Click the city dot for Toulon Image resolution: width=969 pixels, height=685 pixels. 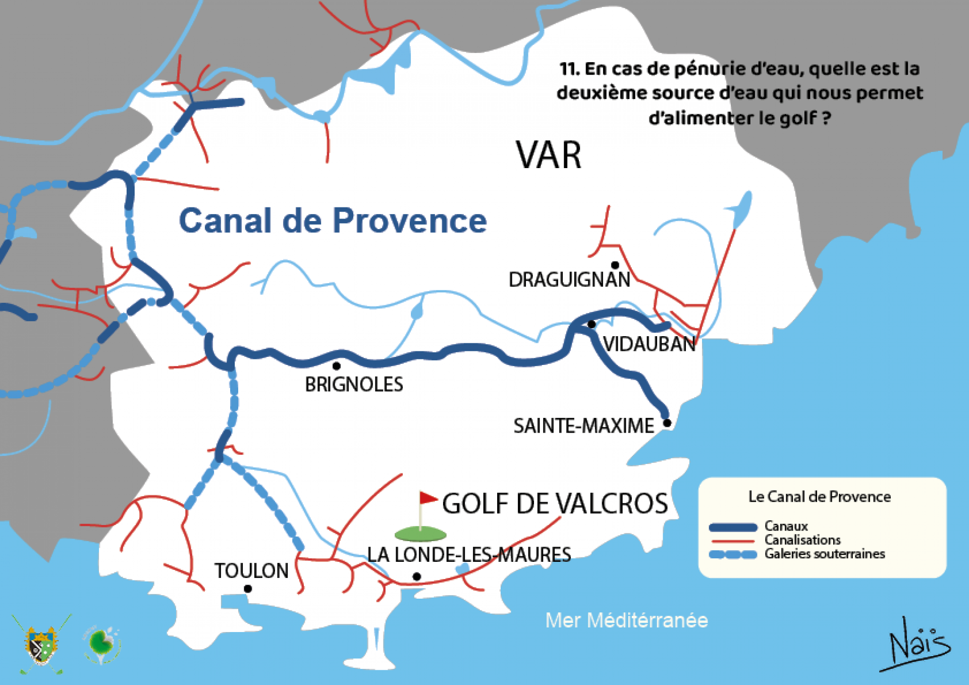(248, 589)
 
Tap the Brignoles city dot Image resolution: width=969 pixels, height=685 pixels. (337, 366)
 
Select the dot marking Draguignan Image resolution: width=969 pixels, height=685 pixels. (615, 265)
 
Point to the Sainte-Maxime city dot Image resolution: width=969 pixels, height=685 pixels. (667, 423)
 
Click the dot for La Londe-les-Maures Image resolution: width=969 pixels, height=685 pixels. (416, 576)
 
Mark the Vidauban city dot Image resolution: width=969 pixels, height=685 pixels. (591, 324)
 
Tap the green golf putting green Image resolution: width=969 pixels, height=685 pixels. (420, 534)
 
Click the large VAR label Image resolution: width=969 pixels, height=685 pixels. (548, 155)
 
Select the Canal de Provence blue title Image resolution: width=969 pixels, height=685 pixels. (333, 221)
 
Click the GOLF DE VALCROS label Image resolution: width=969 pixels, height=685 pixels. (555, 504)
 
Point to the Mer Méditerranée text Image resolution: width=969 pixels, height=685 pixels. (626, 620)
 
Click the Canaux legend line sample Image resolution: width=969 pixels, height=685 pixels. (733, 528)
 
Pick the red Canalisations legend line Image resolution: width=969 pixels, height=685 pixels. (733, 541)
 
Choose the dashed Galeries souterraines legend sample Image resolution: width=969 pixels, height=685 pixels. (733, 554)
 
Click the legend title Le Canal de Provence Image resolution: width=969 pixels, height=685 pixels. (819, 497)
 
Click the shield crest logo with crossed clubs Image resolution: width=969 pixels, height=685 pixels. (41, 645)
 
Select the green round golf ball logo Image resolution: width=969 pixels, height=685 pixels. (102, 644)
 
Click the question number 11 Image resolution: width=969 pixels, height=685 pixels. (569, 69)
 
